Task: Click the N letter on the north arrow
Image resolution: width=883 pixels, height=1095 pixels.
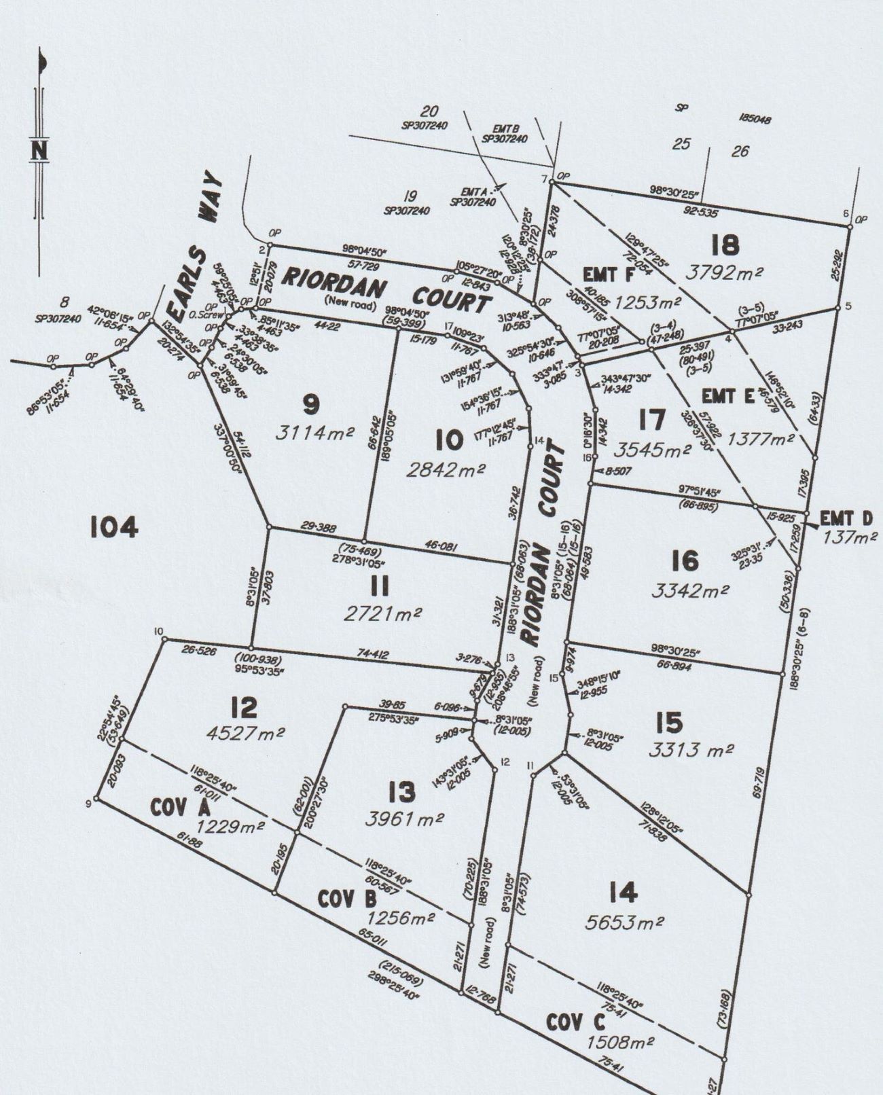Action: pos(39,149)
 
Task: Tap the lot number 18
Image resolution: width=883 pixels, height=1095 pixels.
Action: pos(725,245)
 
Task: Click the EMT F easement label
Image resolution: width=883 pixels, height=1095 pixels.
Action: pos(600,275)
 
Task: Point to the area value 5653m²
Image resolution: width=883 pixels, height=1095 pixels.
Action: pos(624,922)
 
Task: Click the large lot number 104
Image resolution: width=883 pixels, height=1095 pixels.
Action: pos(114,526)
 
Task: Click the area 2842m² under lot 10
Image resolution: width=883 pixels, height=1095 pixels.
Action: pos(446,469)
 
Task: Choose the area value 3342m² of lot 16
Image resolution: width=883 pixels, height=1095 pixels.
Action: pos(690,590)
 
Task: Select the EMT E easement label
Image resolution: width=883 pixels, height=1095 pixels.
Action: pos(729,396)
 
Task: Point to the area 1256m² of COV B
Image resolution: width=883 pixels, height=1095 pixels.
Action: pos(401,918)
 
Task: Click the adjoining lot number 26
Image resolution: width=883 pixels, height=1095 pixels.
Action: pos(740,151)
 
